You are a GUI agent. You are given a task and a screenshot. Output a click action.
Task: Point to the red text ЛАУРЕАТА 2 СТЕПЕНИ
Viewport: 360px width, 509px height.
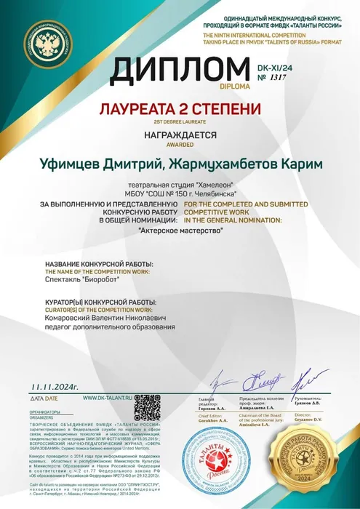(x=179, y=109)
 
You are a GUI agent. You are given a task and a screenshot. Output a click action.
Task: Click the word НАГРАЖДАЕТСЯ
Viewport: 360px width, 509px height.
(x=179, y=135)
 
